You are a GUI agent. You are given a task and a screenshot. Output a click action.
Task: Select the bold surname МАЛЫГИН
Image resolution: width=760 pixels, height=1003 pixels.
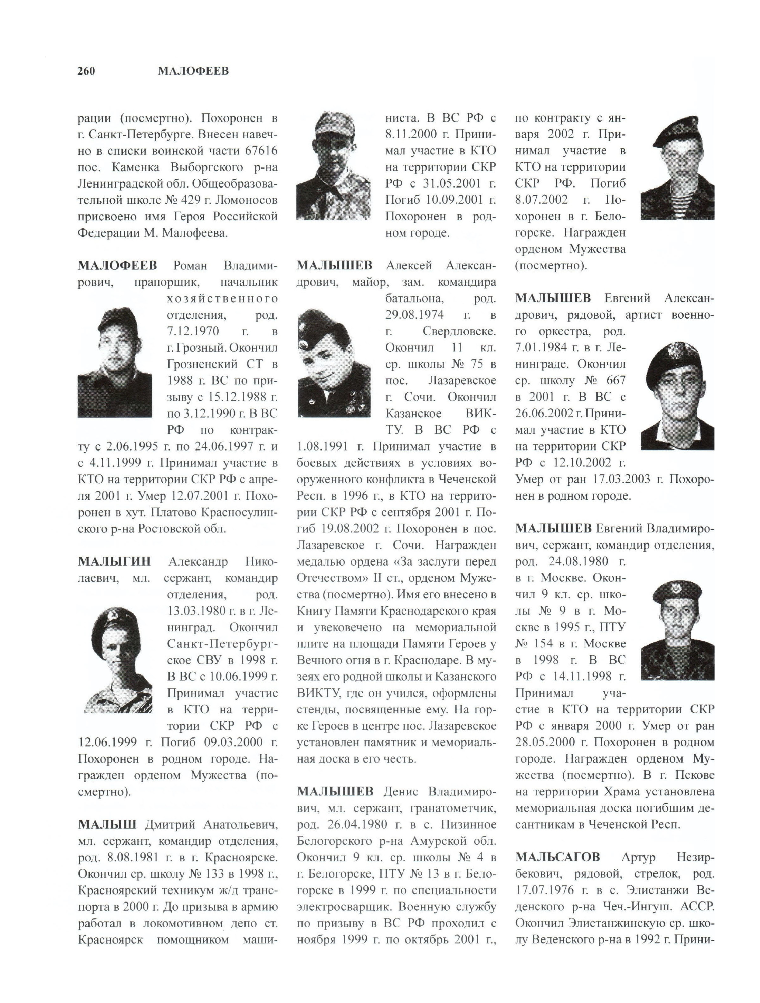(114, 562)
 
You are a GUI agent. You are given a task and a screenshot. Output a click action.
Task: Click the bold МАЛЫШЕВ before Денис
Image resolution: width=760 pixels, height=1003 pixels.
(335, 791)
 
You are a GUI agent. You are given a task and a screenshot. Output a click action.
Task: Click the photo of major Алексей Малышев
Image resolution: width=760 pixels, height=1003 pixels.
(334, 363)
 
